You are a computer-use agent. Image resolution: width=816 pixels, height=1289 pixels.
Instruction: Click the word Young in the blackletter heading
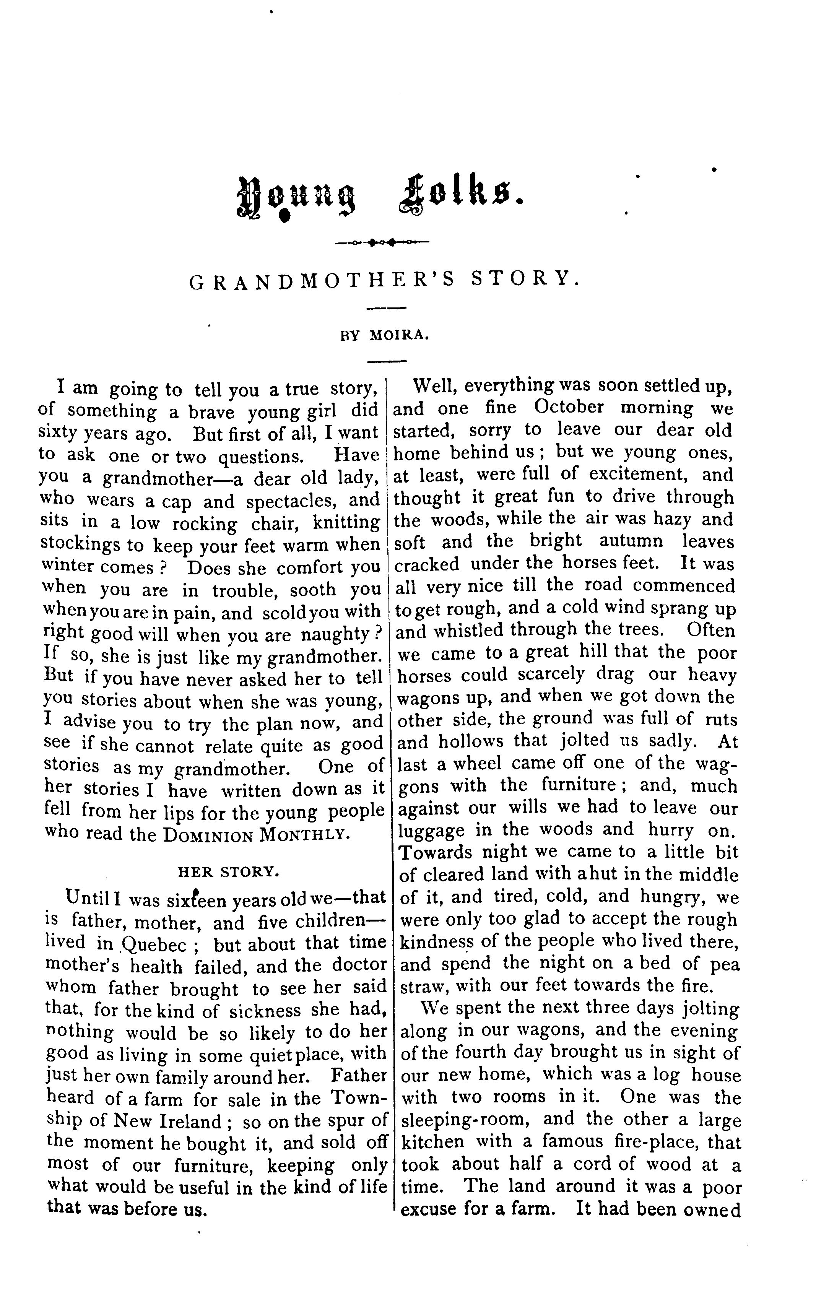[x=296, y=198]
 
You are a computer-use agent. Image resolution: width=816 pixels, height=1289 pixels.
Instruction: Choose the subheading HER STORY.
[x=229, y=871]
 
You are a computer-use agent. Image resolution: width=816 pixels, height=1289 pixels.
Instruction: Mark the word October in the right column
[x=569, y=407]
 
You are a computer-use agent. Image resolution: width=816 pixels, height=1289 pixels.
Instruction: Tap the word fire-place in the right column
[x=619, y=1142]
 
